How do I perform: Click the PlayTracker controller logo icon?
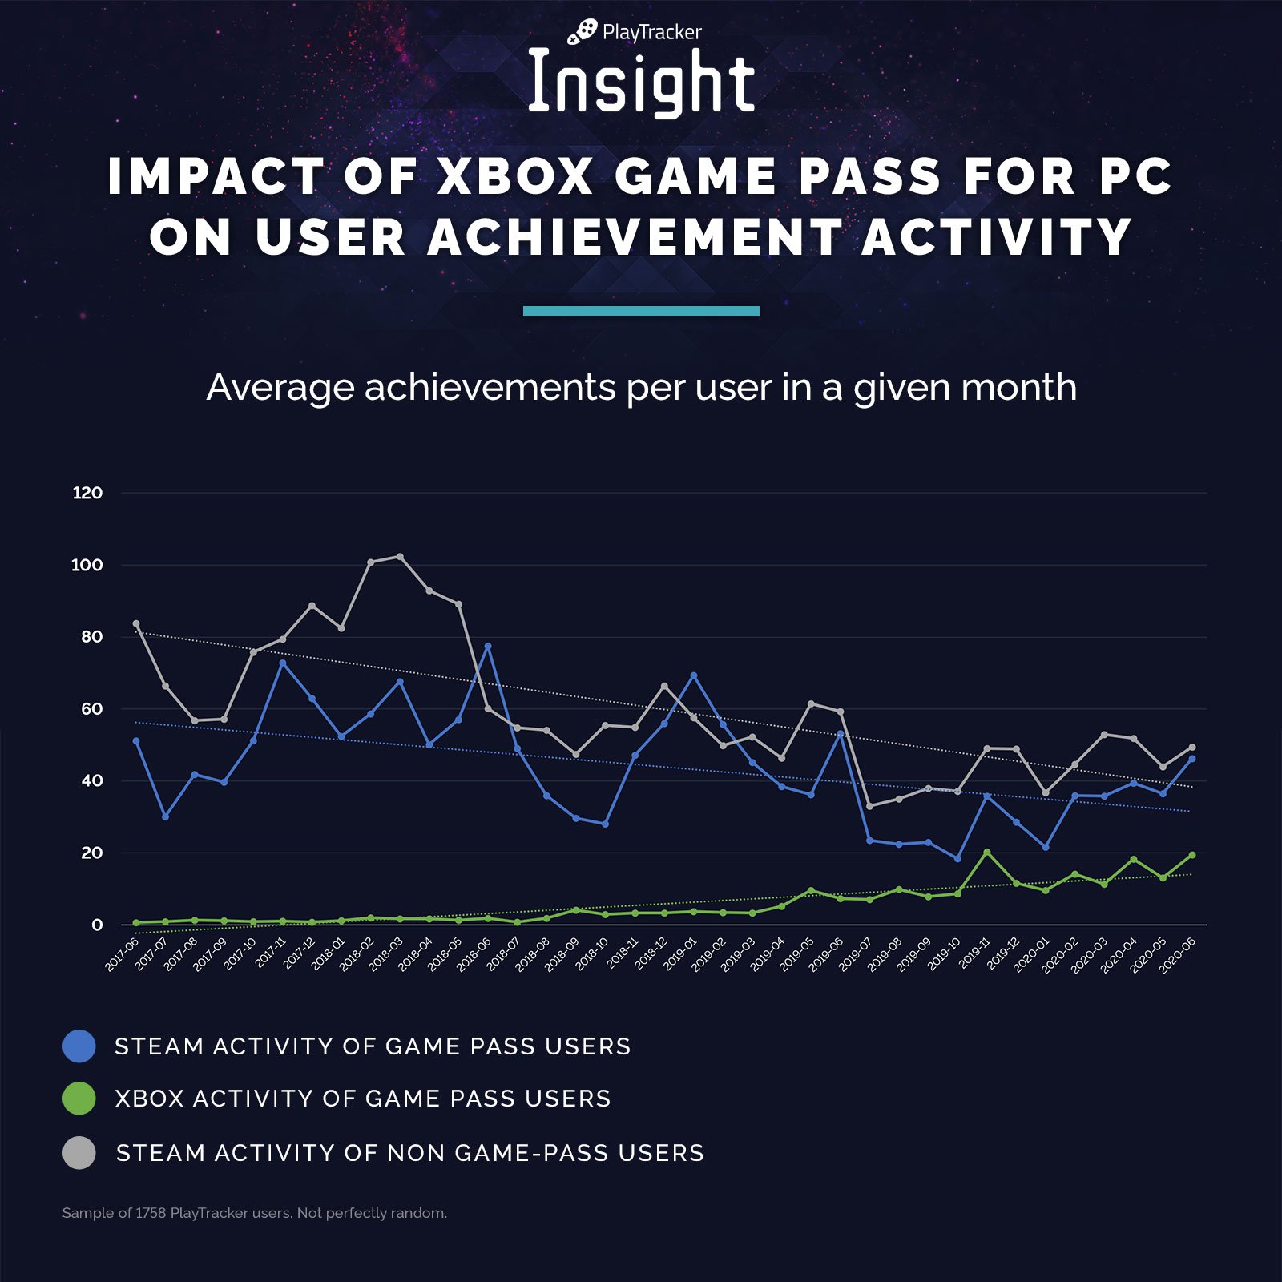point(583,31)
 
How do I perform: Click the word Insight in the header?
point(641,83)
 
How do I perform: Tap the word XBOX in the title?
point(515,176)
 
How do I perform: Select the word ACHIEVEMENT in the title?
point(634,238)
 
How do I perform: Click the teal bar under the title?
point(641,311)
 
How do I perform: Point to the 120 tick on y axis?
point(87,493)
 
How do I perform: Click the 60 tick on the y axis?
point(91,708)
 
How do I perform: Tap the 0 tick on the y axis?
point(97,925)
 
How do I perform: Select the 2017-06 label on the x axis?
point(123,954)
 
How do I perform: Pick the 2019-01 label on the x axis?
point(681,954)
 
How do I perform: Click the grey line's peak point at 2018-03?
point(400,556)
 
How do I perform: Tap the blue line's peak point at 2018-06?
point(488,646)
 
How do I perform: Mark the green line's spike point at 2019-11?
point(986,853)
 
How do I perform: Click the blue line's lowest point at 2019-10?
point(957,858)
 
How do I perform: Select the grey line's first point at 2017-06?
point(136,623)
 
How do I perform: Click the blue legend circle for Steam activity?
point(79,1046)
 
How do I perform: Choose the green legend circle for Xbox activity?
point(79,1098)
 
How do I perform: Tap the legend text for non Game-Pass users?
point(409,1153)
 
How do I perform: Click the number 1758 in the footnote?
point(151,1213)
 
